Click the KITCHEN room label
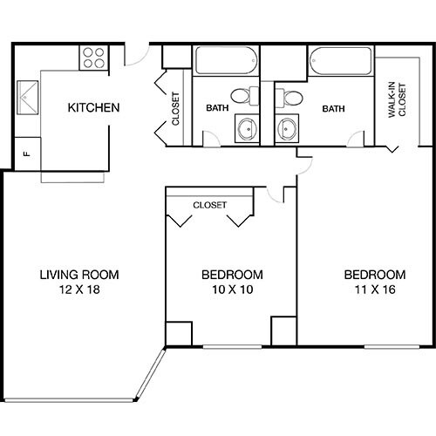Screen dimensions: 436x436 (x=94, y=109)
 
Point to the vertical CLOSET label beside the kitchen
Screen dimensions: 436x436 (x=176, y=109)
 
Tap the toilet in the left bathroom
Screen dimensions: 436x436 (x=245, y=94)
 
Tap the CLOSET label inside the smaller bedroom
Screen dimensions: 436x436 (x=209, y=206)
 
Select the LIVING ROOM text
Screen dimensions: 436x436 (x=79, y=274)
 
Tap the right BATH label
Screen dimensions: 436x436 (x=332, y=109)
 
